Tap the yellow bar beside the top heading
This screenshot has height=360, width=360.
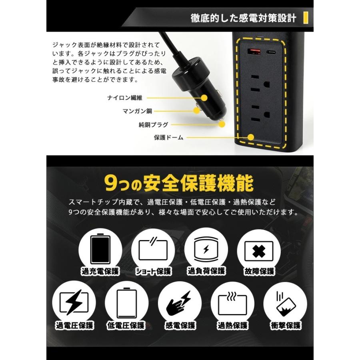pos(306,18)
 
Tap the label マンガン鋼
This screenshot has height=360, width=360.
pos(137,111)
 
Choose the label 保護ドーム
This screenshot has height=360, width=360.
pos(168,138)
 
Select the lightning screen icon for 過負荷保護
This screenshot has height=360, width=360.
pos(206,250)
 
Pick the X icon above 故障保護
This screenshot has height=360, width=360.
pos(259,250)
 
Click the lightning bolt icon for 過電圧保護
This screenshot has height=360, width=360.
pos(74,303)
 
